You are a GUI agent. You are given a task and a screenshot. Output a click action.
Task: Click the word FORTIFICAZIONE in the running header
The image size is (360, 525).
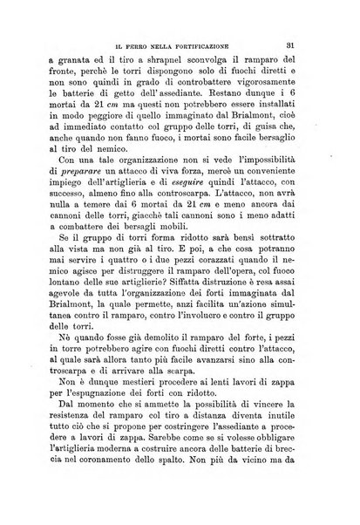pyautogui.click(x=219, y=37)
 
